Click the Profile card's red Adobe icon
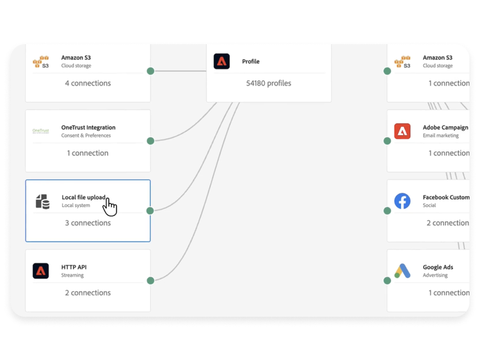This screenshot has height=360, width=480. coord(221,61)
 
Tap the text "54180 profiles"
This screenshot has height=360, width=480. coord(269,83)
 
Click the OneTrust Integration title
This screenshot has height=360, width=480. coord(88,127)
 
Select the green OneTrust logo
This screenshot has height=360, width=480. coord(41,131)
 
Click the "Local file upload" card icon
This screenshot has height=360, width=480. coord(42,201)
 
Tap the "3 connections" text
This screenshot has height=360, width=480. coord(88,223)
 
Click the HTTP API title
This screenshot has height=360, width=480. coord(74,267)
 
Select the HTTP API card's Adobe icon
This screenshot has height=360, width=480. coord(41,271)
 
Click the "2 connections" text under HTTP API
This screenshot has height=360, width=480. coord(88,293)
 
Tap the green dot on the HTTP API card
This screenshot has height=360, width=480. coord(150,281)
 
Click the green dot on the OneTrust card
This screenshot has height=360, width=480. coord(150,141)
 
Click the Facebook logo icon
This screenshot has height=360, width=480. coord(403,201)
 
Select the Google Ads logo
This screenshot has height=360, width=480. coord(403,271)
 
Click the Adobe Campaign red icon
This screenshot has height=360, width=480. coord(403,131)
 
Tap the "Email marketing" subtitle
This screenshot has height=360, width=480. coord(441,136)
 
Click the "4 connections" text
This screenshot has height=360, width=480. coord(88,83)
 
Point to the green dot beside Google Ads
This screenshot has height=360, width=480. coord(387,281)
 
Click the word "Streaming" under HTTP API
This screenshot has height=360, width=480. coord(72,276)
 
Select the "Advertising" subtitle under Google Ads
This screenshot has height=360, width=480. coord(436,276)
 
